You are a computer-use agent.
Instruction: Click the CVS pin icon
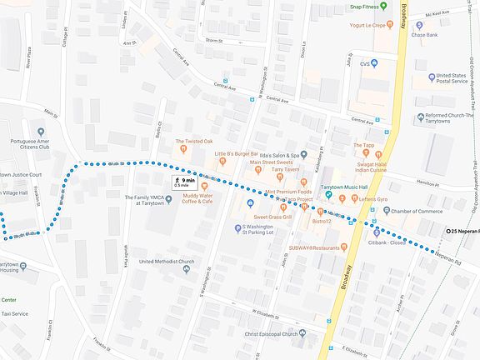tap(374, 63)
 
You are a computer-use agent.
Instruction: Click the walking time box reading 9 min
tap(184, 182)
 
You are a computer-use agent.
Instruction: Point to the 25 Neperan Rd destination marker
tap(448, 231)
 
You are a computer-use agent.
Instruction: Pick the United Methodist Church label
tap(167, 262)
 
